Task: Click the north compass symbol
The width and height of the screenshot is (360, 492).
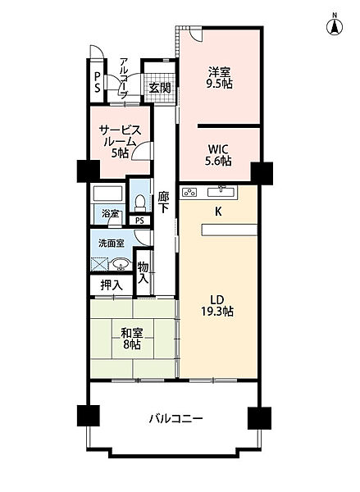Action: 335,24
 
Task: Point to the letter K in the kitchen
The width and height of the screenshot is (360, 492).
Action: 219,211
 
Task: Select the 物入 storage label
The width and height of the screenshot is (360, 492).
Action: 143,271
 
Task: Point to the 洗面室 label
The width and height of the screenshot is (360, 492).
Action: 111,244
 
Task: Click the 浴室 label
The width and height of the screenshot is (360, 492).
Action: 110,215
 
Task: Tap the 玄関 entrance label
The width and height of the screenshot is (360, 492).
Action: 160,88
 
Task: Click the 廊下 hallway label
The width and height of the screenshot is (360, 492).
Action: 164,203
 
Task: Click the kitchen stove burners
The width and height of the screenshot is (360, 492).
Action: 189,193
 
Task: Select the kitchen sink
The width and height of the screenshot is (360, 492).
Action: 221,192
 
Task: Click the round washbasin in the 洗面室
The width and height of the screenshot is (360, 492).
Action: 121,265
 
